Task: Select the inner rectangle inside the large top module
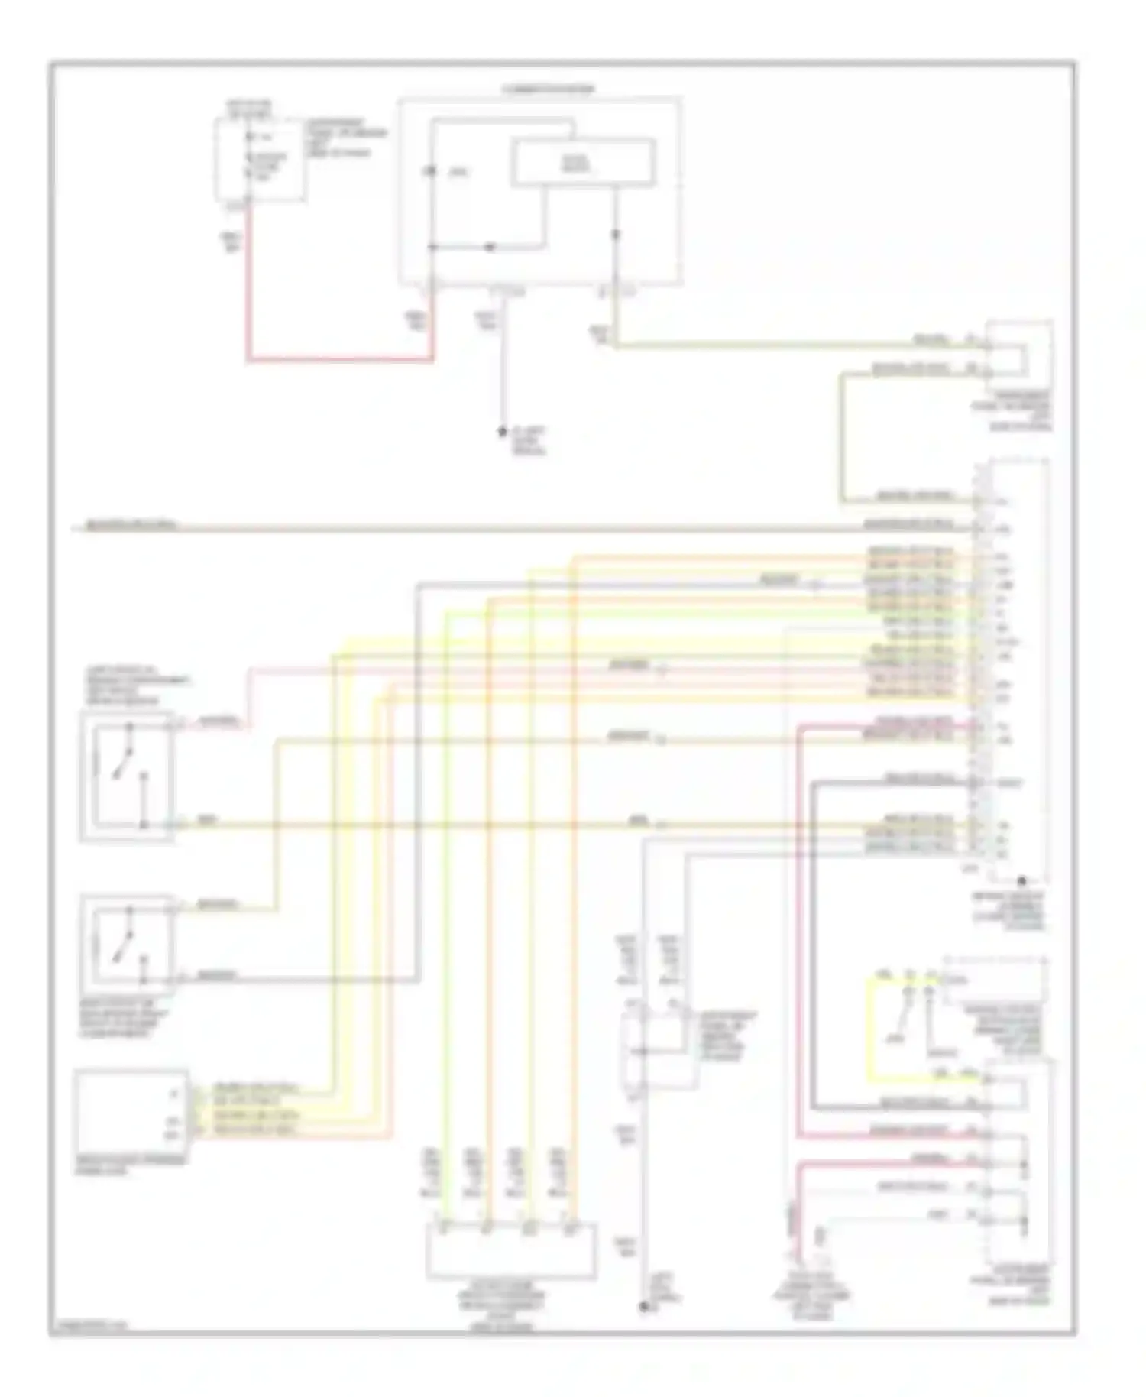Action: click(x=582, y=161)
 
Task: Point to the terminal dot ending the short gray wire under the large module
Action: click(x=503, y=432)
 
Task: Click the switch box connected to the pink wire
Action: click(x=127, y=776)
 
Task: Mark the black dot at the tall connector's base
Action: click(x=1021, y=881)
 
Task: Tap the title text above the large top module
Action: click(x=548, y=89)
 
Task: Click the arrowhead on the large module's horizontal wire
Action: click(x=490, y=247)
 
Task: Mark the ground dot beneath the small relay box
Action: click(x=643, y=1307)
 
